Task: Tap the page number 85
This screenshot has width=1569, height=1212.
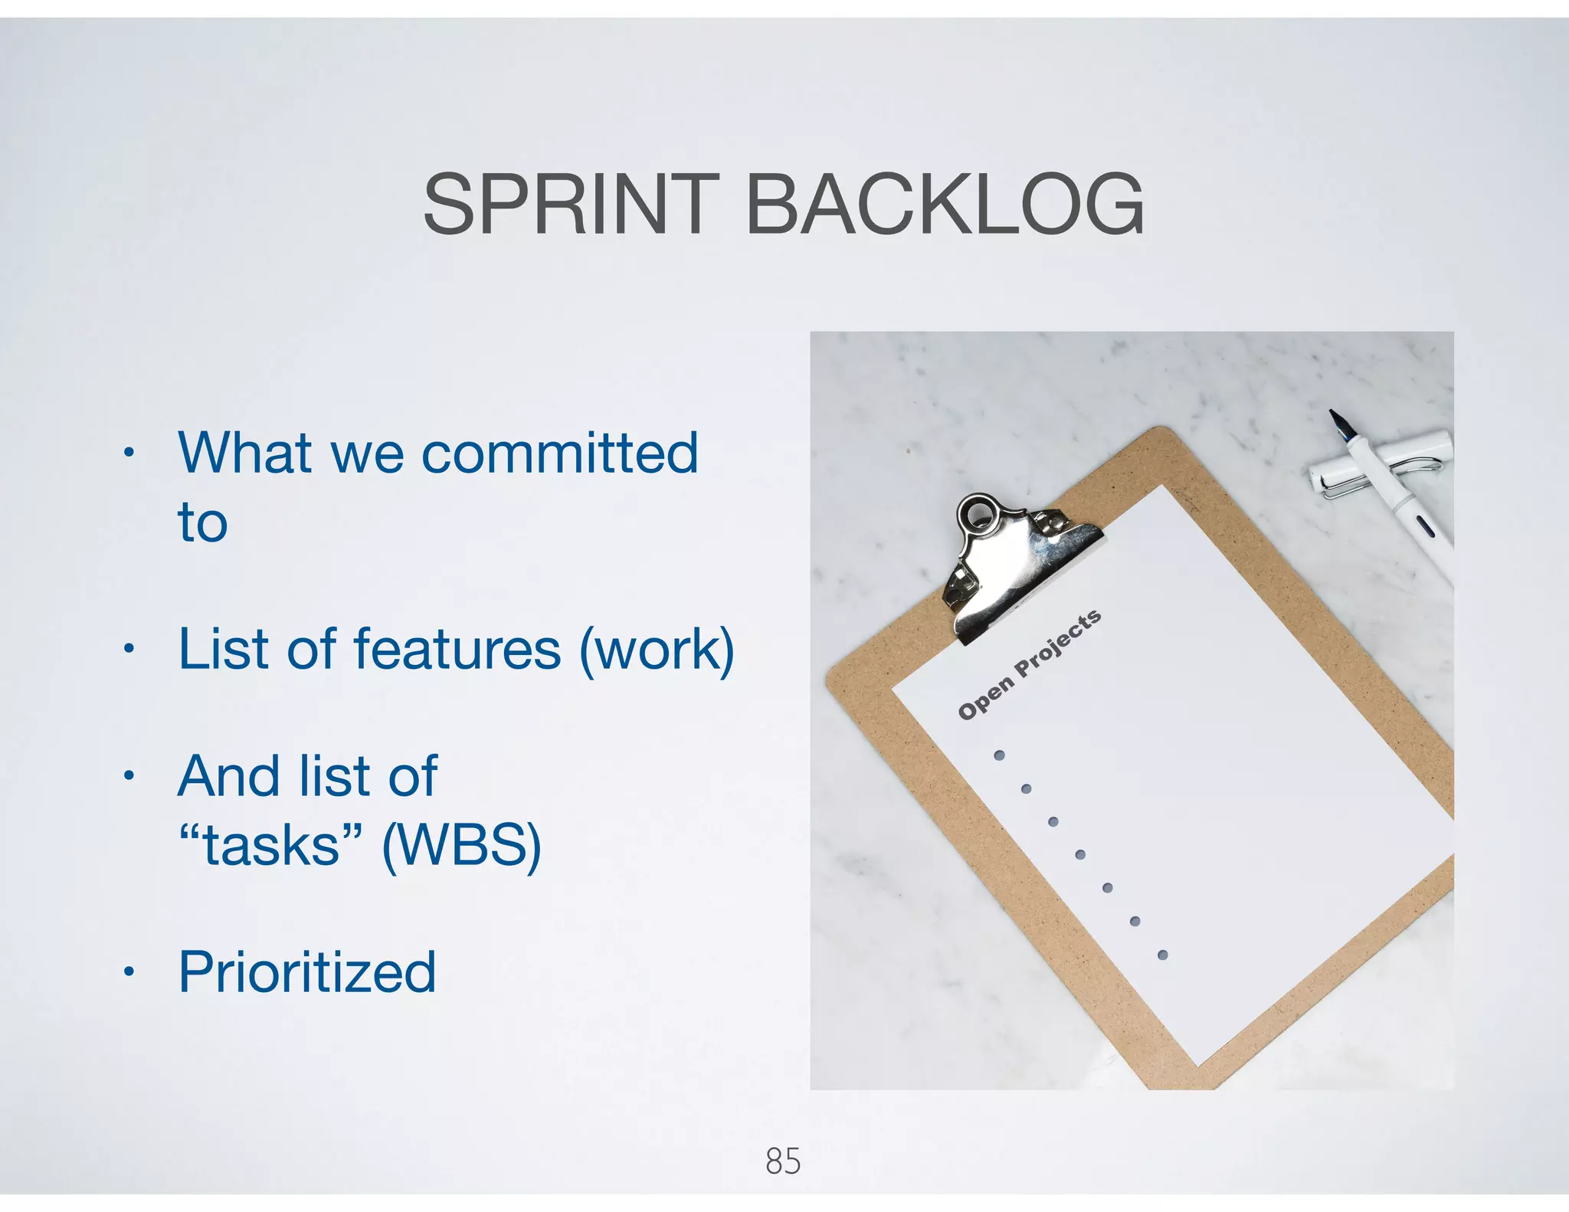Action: point(783,1161)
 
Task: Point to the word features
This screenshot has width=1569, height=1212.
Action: point(457,650)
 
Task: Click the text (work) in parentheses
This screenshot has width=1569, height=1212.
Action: point(657,650)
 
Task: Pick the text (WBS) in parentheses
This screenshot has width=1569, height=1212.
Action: point(462,846)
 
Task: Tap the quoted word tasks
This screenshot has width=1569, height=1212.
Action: point(271,846)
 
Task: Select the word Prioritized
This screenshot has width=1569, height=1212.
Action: point(307,972)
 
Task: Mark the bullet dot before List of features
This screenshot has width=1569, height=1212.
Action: point(129,650)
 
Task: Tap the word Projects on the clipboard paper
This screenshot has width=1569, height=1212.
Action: point(1058,644)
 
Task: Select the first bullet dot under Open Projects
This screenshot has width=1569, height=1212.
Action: point(999,755)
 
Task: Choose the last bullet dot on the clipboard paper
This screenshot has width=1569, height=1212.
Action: point(1162,955)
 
